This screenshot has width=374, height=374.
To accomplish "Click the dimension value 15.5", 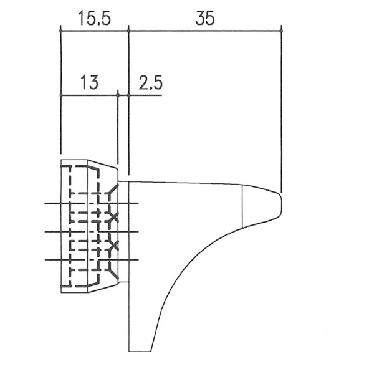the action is [95, 18].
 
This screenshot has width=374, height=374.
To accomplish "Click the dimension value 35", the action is [205, 18].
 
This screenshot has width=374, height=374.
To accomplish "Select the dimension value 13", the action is [89, 82].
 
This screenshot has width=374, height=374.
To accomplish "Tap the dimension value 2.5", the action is [150, 82].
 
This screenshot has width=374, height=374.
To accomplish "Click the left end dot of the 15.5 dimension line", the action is [60, 31].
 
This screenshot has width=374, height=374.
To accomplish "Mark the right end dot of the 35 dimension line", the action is [282, 31].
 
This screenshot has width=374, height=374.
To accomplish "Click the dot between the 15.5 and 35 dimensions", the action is [128, 31].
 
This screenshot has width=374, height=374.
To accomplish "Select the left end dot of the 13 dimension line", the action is [61, 95].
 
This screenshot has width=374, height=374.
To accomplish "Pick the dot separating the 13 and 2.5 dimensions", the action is [118, 95].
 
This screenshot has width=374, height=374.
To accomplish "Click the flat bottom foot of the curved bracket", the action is [140, 352].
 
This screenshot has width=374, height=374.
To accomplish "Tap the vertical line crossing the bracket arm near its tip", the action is [242, 206].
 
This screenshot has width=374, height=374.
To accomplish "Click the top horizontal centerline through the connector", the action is [92, 203].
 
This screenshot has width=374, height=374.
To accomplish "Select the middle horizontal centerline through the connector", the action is [92, 232].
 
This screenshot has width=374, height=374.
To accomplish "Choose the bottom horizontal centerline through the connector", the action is [92, 260].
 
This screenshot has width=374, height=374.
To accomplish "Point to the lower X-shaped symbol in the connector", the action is [113, 246].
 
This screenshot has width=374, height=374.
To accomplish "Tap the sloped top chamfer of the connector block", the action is [103, 163].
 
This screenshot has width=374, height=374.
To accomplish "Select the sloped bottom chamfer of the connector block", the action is [103, 288].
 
